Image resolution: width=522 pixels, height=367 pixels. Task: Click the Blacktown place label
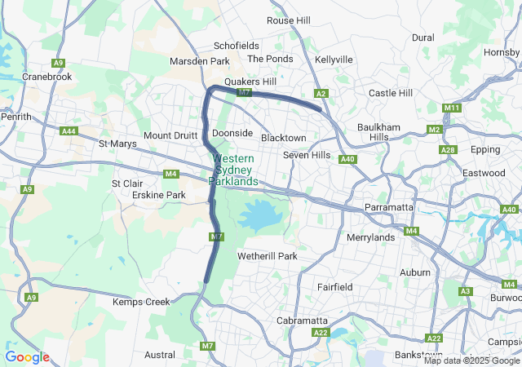click(283, 138)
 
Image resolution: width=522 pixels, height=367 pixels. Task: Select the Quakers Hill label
click(250, 82)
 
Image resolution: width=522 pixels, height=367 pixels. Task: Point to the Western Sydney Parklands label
click(233, 170)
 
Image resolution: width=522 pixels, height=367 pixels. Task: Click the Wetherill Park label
click(267, 256)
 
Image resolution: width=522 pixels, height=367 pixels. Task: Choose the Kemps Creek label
click(141, 302)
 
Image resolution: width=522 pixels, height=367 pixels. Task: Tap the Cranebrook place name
click(47, 76)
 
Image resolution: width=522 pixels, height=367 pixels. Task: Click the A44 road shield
click(69, 130)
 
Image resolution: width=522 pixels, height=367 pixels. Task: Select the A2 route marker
click(321, 94)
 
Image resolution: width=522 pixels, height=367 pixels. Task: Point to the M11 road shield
click(452, 108)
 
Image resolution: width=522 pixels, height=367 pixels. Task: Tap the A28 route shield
click(448, 150)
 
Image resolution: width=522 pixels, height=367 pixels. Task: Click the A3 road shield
click(466, 291)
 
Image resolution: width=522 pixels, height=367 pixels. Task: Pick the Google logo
click(27, 357)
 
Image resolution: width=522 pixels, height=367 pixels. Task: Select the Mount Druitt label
click(169, 135)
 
